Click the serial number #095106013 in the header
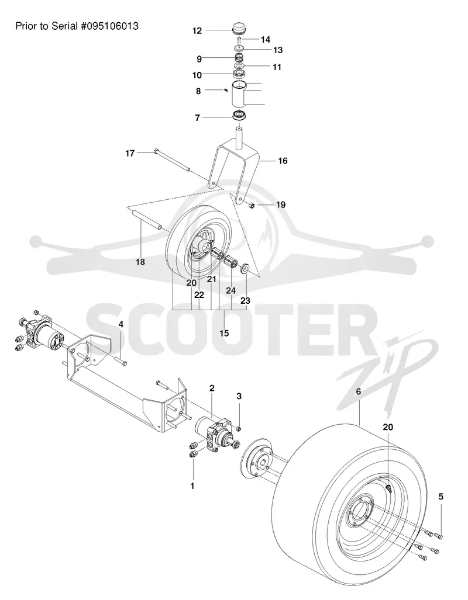pyautogui.click(x=109, y=26)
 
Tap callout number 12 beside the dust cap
pyautogui.click(x=197, y=30)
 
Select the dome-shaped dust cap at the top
pyautogui.click(x=239, y=29)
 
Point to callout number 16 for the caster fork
pyautogui.click(x=283, y=161)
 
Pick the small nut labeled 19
pyautogui.click(x=252, y=206)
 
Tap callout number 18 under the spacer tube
pyautogui.click(x=140, y=262)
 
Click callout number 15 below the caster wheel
pyautogui.click(x=224, y=333)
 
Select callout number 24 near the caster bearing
pyautogui.click(x=230, y=290)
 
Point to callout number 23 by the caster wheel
pyautogui.click(x=245, y=300)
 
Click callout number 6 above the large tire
pyautogui.click(x=359, y=391)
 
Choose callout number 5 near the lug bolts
pyautogui.click(x=441, y=497)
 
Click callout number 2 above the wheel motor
pyautogui.click(x=212, y=387)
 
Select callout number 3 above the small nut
pyautogui.click(x=239, y=396)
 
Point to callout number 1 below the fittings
pyautogui.click(x=192, y=486)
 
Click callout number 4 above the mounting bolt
pyautogui.click(x=121, y=324)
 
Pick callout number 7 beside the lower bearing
pyautogui.click(x=197, y=117)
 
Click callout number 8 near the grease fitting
pyautogui.click(x=198, y=91)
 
